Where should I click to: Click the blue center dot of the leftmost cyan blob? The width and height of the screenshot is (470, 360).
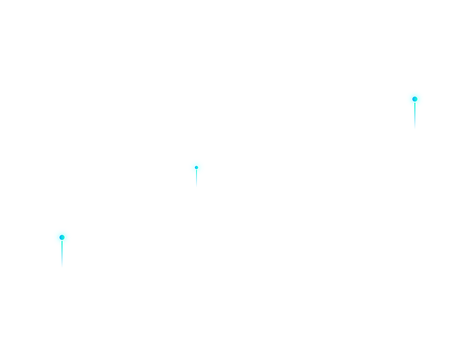[x=62, y=237]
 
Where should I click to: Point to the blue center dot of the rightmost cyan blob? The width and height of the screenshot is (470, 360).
[x=414, y=99]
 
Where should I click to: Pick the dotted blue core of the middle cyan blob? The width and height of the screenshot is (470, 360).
[x=196, y=168]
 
